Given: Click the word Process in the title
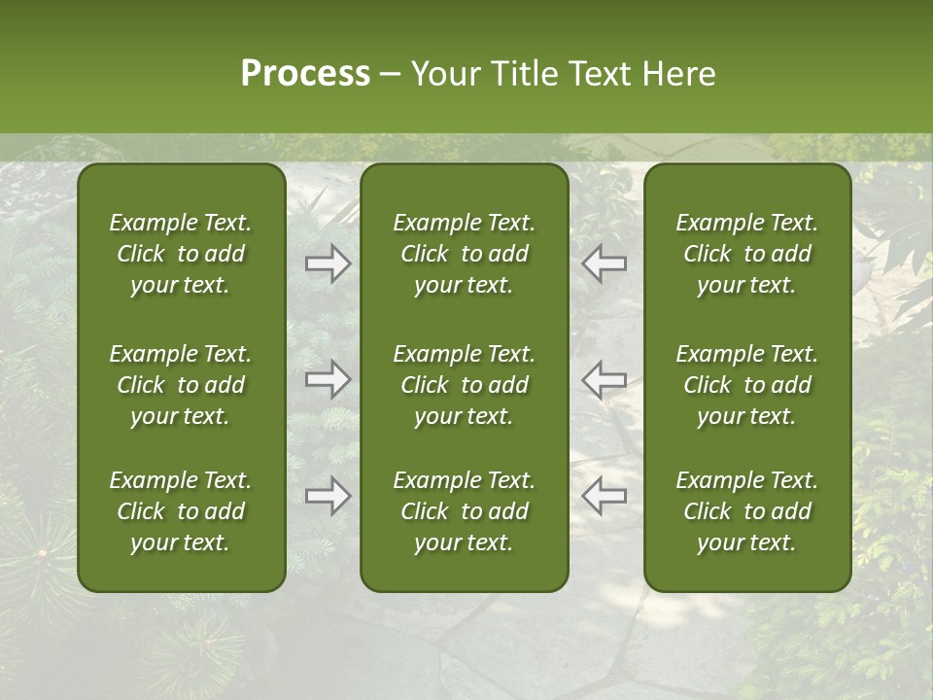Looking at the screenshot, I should pyautogui.click(x=305, y=74).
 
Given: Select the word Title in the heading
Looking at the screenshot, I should pyautogui.click(x=522, y=74).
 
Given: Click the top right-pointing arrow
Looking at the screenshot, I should pyautogui.click(x=328, y=263).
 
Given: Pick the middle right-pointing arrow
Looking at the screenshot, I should pyautogui.click(x=328, y=379).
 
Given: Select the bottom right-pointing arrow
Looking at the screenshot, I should pyautogui.click(x=328, y=496).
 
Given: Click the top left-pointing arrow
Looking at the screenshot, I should pyautogui.click(x=605, y=263).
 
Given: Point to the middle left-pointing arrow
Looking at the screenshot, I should pyautogui.click(x=605, y=379).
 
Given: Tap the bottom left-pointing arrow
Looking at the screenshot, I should pyautogui.click(x=605, y=496).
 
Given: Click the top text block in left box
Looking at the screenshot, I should pyautogui.click(x=181, y=254).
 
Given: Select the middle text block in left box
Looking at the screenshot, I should pyautogui.click(x=181, y=385).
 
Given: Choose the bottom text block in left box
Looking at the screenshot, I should pyautogui.click(x=181, y=511).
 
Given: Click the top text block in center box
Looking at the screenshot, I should pyautogui.click(x=464, y=254).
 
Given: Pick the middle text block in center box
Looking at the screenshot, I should pyautogui.click(x=464, y=385).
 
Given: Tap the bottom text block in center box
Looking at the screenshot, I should pyautogui.click(x=464, y=511).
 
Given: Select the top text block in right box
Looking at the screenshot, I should pyautogui.click(x=747, y=254).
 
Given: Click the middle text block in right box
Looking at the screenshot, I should pyautogui.click(x=747, y=385).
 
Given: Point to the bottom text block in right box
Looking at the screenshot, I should pyautogui.click(x=747, y=511).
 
